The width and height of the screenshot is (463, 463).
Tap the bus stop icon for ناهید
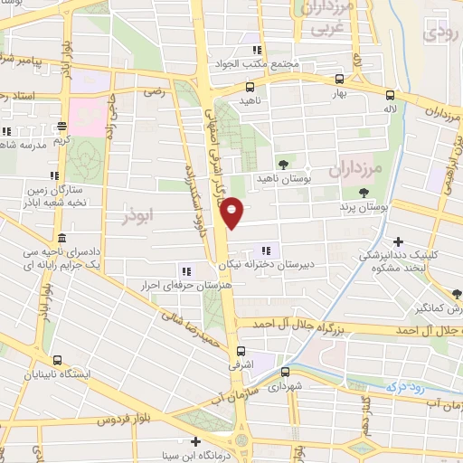point(250,87)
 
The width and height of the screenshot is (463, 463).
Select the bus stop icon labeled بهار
point(339,79)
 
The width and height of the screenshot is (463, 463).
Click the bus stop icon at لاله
point(390,94)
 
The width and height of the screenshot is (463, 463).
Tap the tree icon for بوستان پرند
point(364,192)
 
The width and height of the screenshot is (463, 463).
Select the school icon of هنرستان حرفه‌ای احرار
point(186,269)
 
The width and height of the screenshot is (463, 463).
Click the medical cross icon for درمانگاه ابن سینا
point(196,441)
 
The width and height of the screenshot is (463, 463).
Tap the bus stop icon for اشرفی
point(241,353)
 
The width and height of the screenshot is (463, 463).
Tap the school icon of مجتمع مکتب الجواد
point(257,51)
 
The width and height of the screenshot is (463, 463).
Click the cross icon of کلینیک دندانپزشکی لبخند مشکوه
point(399,241)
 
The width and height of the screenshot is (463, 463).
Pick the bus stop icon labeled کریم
point(61,127)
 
